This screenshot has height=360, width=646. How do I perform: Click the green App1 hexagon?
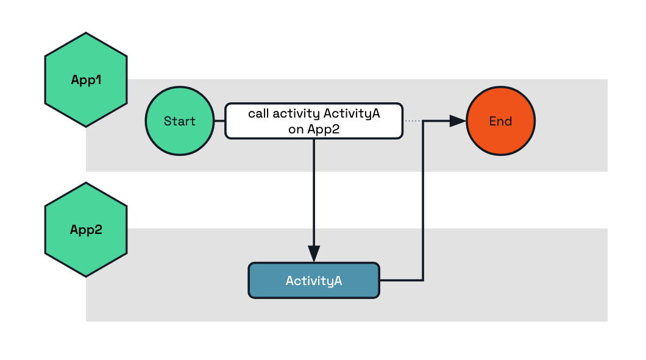tap(86, 80)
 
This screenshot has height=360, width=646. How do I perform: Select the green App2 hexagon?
tap(86, 230)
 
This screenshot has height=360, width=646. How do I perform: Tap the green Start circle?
tap(180, 121)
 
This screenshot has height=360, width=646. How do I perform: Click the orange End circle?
tap(500, 121)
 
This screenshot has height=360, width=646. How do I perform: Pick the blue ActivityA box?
tap(314, 280)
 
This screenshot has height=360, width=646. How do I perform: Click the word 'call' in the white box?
tap(258, 114)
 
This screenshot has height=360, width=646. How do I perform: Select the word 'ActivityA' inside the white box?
tap(352, 114)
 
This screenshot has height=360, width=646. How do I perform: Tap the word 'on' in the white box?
tap(296, 129)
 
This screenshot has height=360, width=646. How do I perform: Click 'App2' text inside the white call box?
tap(323, 129)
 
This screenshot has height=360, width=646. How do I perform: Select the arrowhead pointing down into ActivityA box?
tap(314, 253)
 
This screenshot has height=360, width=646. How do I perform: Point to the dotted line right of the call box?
tap(413, 121)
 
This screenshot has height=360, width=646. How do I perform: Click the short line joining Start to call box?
tap(219, 121)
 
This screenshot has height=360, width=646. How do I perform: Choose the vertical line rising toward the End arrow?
tap(423, 201)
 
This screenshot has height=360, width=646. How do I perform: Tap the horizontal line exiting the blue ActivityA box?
tap(401, 280)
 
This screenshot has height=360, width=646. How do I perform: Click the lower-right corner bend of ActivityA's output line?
tap(423, 280)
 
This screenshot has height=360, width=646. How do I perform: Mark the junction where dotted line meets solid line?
tap(423, 121)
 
